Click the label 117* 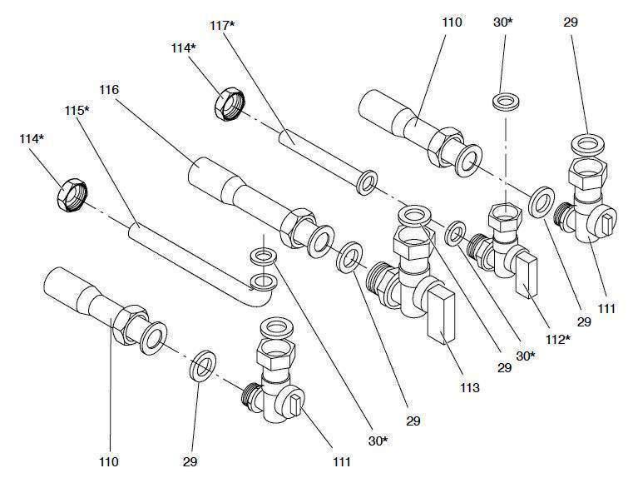point(222,27)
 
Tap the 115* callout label point(77,109)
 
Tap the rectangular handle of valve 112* point(527,277)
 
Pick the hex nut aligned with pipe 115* point(72,194)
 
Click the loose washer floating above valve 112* point(503,102)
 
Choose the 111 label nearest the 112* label point(606,309)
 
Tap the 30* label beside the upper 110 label point(503,22)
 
